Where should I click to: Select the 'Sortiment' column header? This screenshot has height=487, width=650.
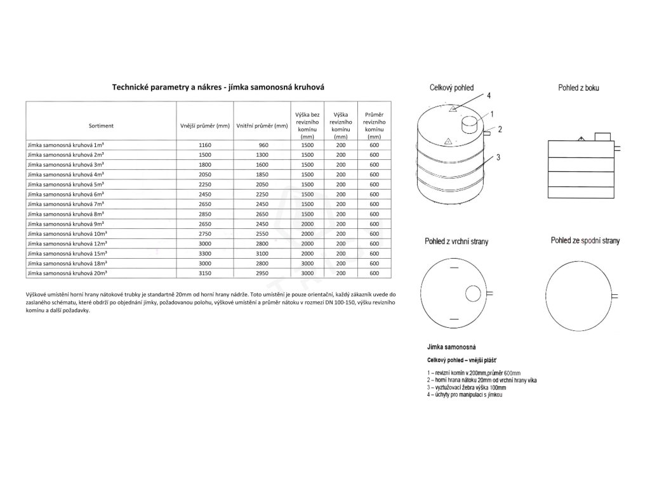click(x=102, y=126)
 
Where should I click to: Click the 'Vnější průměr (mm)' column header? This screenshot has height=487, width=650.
click(x=204, y=126)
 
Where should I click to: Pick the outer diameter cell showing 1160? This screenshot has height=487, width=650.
click(x=204, y=145)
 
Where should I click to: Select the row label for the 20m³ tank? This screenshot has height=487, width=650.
click(x=67, y=273)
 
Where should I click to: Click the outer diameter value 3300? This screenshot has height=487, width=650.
click(x=204, y=253)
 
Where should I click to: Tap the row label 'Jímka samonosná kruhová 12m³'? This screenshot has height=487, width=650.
click(x=67, y=243)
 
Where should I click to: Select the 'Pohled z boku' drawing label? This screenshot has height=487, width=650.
click(x=578, y=88)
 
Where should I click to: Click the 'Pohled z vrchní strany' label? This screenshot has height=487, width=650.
click(x=456, y=242)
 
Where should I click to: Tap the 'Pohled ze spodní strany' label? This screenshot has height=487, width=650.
click(x=585, y=241)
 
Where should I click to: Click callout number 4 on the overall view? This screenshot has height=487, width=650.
click(x=489, y=96)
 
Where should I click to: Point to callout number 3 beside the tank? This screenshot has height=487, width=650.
click(x=499, y=157)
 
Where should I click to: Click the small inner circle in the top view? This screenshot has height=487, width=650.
click(x=473, y=294)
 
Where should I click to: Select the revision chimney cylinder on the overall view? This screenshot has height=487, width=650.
click(x=470, y=125)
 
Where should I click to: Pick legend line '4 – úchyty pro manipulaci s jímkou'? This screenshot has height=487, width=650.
click(x=465, y=395)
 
